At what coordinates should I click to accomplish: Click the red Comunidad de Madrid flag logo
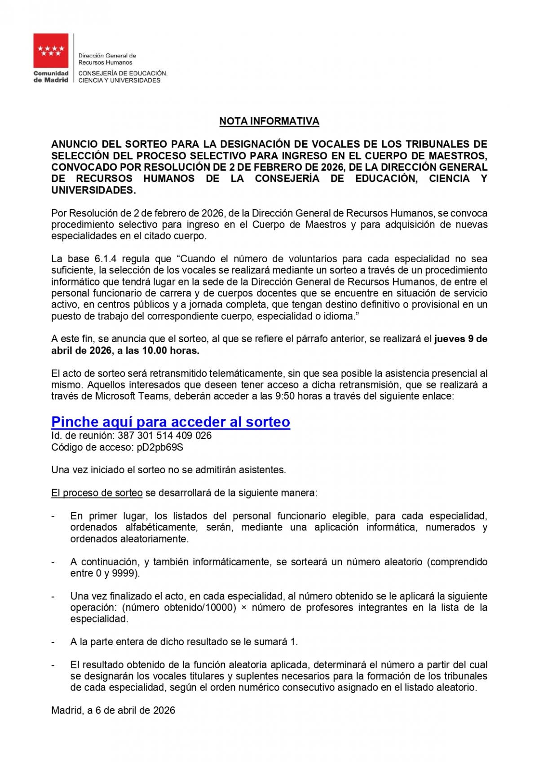(x=51, y=51)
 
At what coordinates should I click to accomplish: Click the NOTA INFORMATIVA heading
(x=269, y=121)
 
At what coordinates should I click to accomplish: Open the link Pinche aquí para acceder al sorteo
(x=171, y=422)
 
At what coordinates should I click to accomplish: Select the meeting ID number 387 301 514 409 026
(x=164, y=436)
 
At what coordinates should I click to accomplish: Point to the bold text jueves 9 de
(x=461, y=339)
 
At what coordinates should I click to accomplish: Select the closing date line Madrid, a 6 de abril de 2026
(x=113, y=710)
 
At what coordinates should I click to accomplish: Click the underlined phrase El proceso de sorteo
(x=97, y=493)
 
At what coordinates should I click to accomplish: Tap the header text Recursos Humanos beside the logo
(x=106, y=62)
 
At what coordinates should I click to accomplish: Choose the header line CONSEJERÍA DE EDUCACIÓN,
(x=123, y=73)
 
